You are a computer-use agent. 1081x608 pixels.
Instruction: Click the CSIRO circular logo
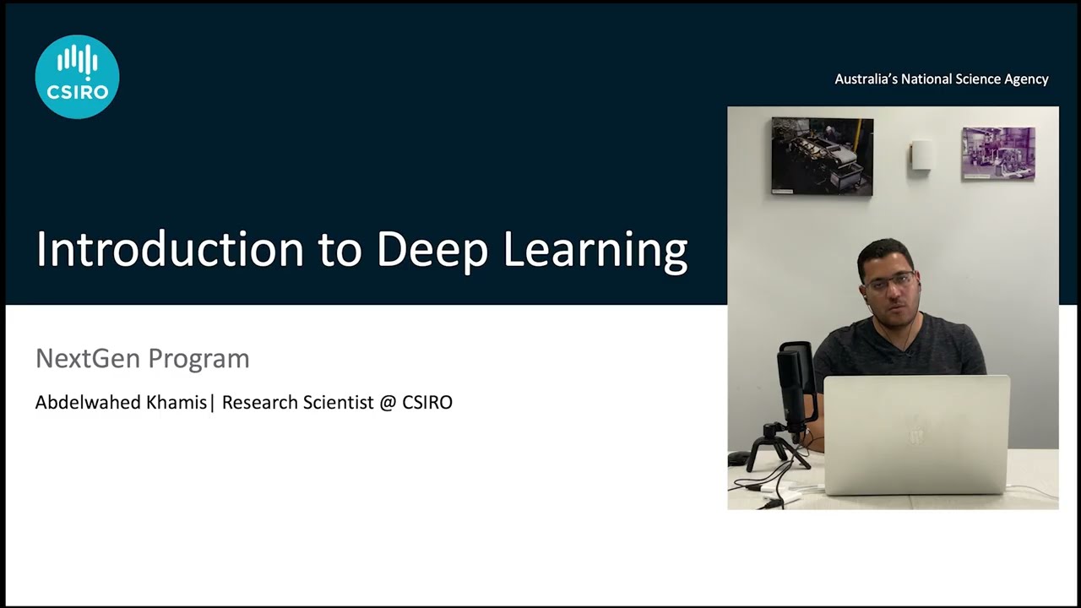point(77,77)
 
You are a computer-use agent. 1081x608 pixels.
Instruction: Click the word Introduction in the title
point(169,250)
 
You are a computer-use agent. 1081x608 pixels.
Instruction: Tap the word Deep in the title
point(432,250)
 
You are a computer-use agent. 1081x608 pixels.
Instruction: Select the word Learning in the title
point(595,250)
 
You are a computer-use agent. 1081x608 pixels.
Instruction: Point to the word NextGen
point(82,358)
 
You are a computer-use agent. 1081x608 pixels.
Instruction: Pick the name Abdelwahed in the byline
point(88,403)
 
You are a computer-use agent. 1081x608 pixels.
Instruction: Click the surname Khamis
point(176,403)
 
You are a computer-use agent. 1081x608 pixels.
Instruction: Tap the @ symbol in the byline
point(388,403)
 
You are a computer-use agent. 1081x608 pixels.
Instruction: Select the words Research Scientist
point(297,403)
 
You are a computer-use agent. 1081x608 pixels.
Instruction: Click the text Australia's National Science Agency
point(941,79)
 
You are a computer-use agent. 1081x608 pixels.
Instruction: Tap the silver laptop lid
point(915,435)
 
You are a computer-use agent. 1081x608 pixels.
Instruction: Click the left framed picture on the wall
point(822,156)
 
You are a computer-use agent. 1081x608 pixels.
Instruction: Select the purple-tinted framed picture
point(997,153)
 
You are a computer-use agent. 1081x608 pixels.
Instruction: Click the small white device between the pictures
point(921,155)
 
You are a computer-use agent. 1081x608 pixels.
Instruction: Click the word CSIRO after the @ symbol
point(427,403)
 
